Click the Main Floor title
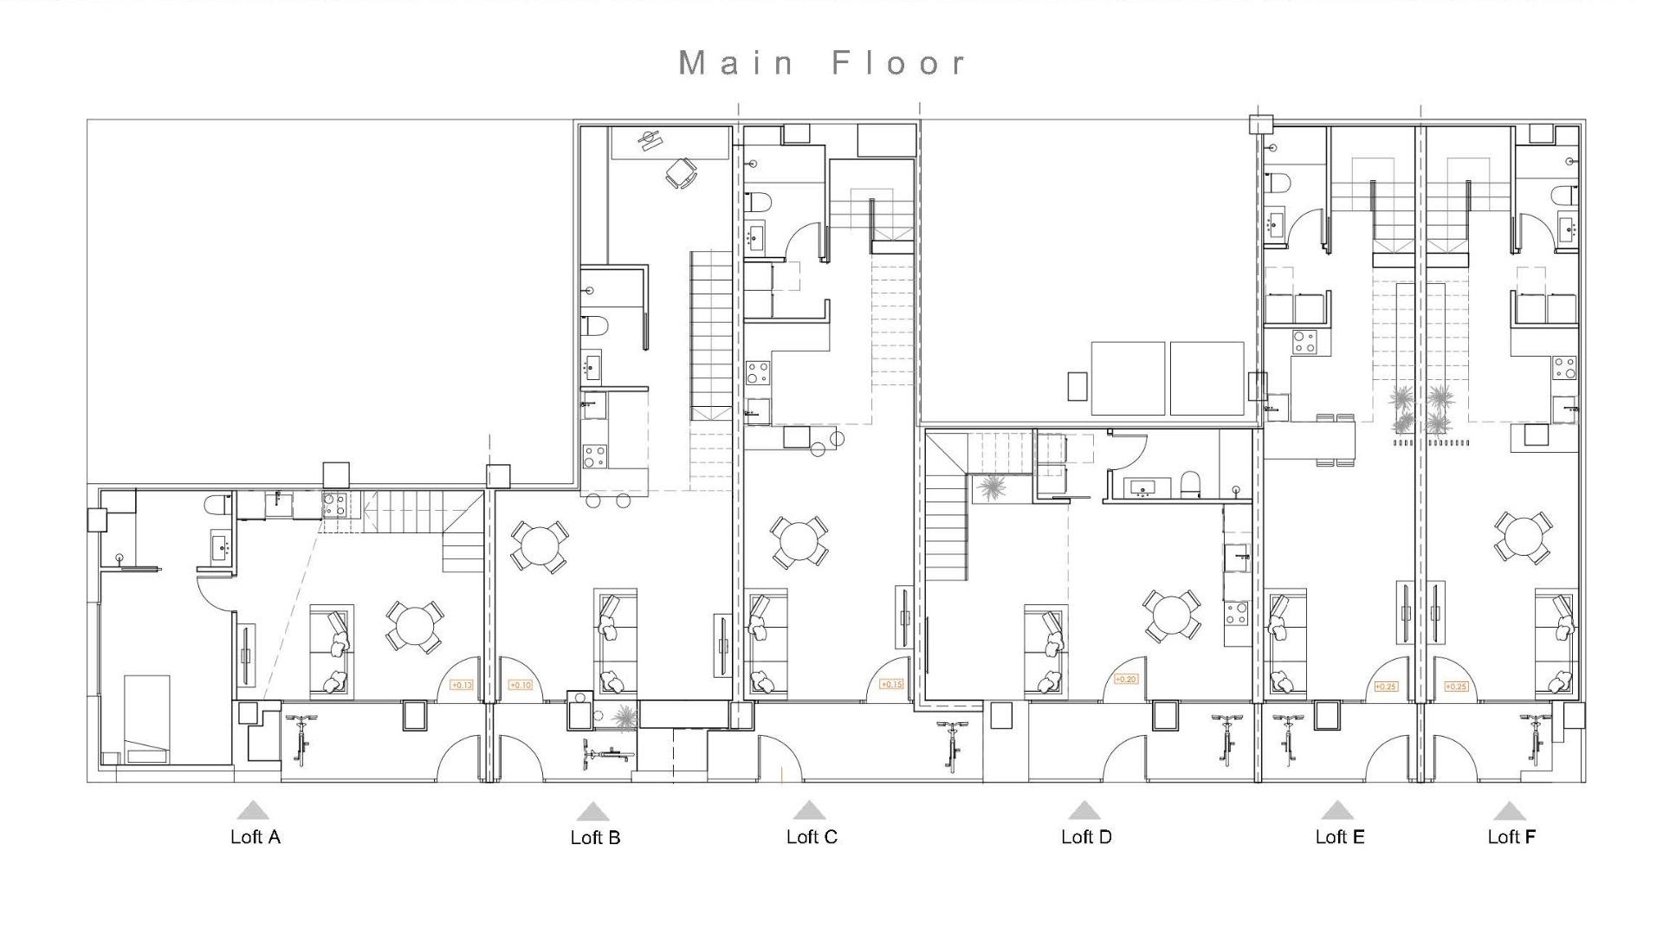[822, 63]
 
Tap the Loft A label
[255, 836]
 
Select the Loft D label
[1086, 836]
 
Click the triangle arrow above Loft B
[592, 812]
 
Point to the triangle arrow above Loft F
[1509, 812]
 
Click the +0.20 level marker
[1125, 680]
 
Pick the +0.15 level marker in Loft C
[891, 684]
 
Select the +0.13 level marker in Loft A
[462, 685]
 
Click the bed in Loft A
[146, 719]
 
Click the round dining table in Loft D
[1172, 616]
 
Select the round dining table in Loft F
[1523, 538]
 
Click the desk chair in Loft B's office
[681, 173]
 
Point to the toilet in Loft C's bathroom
[759, 203]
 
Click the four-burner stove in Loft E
[1304, 343]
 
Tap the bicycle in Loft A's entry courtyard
[301, 738]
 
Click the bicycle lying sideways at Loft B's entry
[607, 754]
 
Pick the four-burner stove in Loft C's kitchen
[758, 373]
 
